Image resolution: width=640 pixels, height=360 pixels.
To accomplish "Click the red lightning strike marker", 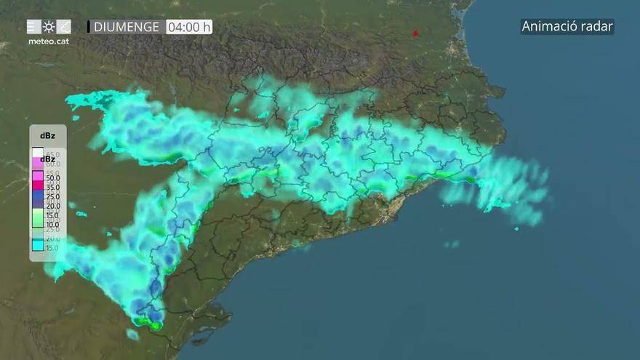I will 416,33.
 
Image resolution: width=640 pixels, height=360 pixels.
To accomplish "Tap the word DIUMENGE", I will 127,27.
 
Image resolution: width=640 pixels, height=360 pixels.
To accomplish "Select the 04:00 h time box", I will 188,27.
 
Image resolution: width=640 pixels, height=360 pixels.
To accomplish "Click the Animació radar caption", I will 567,27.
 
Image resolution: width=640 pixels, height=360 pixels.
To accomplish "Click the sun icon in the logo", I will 49,27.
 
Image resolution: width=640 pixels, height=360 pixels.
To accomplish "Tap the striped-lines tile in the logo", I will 33,27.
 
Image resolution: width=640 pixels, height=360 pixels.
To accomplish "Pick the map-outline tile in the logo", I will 64,27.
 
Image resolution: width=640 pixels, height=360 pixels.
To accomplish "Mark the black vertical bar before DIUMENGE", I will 89,27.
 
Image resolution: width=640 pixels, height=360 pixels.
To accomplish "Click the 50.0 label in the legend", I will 53,177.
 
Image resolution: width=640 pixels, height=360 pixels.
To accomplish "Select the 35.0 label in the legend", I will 53,187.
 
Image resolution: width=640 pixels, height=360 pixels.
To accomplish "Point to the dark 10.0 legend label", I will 53,225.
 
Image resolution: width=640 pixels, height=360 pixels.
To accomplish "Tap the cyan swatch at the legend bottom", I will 37,246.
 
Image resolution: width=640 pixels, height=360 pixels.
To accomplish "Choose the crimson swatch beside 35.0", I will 37,186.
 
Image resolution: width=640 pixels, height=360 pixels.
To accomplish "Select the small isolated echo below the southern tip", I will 132,335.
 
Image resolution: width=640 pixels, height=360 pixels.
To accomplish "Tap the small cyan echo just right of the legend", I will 81,214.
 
